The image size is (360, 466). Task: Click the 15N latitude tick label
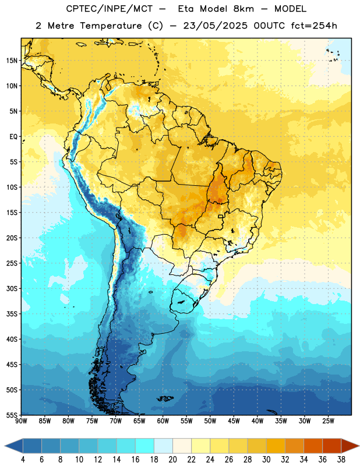[x=12, y=61]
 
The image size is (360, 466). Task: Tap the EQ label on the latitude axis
[x=13, y=137]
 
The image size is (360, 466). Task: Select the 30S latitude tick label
[x=12, y=288]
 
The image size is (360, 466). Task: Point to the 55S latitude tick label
[x=12, y=415]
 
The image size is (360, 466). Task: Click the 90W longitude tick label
[x=22, y=421]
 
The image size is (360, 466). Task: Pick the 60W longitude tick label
[x=163, y=421]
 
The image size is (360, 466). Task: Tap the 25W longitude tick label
[x=328, y=421]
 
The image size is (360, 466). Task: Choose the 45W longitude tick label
[x=234, y=421]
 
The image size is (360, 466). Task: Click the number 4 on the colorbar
[x=23, y=460]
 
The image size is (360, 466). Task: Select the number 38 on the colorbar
[x=341, y=460]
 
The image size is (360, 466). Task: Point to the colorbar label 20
[x=172, y=460]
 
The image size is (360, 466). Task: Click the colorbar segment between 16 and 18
[x=145, y=446]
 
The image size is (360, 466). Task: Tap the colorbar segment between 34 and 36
[x=313, y=446]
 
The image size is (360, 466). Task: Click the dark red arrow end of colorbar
[x=350, y=446]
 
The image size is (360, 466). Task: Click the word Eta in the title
[x=186, y=9]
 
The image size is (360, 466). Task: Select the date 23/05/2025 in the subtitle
[x=215, y=26]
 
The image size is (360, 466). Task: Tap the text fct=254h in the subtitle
[x=314, y=26]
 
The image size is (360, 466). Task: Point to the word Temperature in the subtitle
[x=111, y=26]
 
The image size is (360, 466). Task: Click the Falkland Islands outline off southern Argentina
[x=165, y=398]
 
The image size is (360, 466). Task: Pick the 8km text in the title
[x=243, y=9]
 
